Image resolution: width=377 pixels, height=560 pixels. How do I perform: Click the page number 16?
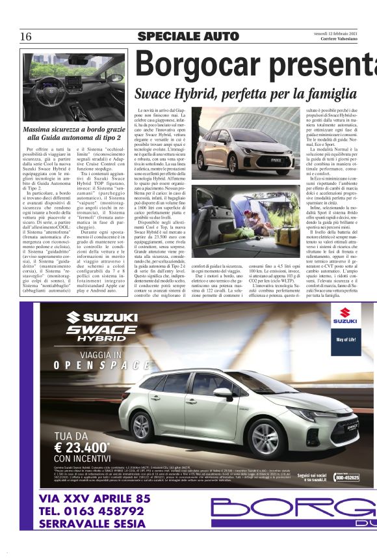[x=26, y=36]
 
